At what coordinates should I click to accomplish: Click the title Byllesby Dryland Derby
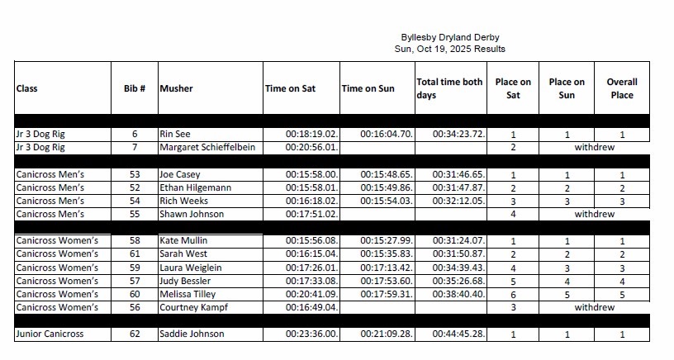449,37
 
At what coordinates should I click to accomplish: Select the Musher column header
176,88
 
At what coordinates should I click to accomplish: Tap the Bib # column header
134,88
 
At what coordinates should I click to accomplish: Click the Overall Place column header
622,88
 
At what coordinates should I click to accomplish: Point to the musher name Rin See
177,134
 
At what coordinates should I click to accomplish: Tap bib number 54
135,201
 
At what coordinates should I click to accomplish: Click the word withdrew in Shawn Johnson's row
595,214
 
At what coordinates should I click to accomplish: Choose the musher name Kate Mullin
184,241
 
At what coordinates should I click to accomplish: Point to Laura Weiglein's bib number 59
135,268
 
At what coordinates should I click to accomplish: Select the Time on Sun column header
368,88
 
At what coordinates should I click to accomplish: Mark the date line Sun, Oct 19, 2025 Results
449,49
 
